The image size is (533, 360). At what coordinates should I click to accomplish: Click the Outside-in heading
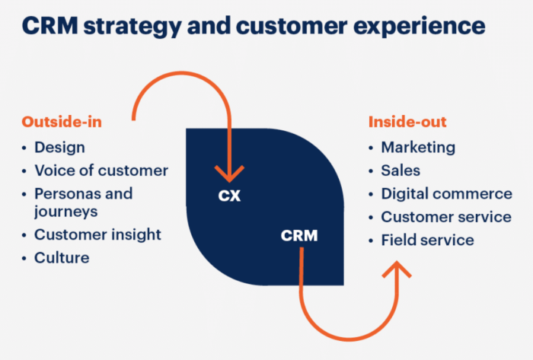coord(62,122)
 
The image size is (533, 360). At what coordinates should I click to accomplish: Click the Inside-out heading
coord(407,122)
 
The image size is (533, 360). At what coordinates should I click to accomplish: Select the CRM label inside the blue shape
coord(298,236)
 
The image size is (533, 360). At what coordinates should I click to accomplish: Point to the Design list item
coord(59,148)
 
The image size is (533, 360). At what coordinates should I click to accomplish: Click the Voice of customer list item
coord(101,170)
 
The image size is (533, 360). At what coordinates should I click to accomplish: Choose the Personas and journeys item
coord(83,202)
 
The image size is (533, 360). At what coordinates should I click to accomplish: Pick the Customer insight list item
coord(98,235)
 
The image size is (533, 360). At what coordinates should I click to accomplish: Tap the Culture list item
coord(62,258)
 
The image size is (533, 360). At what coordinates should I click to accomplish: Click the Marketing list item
coord(418,148)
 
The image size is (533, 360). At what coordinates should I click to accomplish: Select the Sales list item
coord(401,170)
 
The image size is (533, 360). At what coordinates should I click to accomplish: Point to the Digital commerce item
coord(446,194)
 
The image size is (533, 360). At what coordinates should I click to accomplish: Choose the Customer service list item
coord(446,217)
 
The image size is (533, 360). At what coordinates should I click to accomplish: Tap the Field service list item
coord(427,241)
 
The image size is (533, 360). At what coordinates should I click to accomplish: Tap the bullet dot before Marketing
coord(371,148)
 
